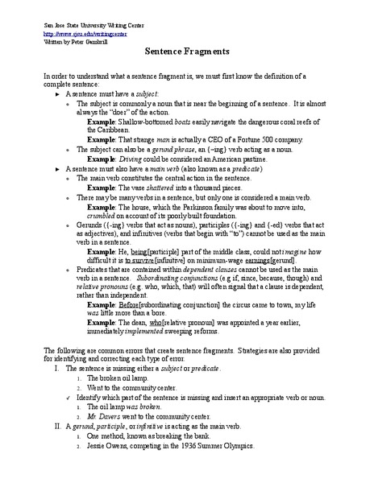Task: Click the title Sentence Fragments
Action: (186, 50)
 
